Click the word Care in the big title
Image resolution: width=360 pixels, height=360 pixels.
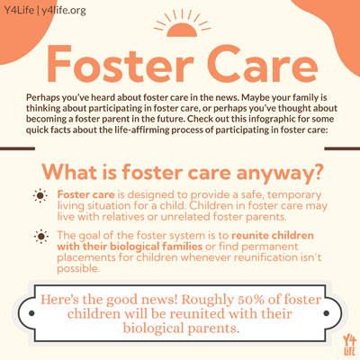[x=255, y=61]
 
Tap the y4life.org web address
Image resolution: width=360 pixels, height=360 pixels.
[x=66, y=9]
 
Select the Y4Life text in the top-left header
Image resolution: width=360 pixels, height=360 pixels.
[x=20, y=9]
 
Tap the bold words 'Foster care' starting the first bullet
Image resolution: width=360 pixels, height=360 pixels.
[x=83, y=193]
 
